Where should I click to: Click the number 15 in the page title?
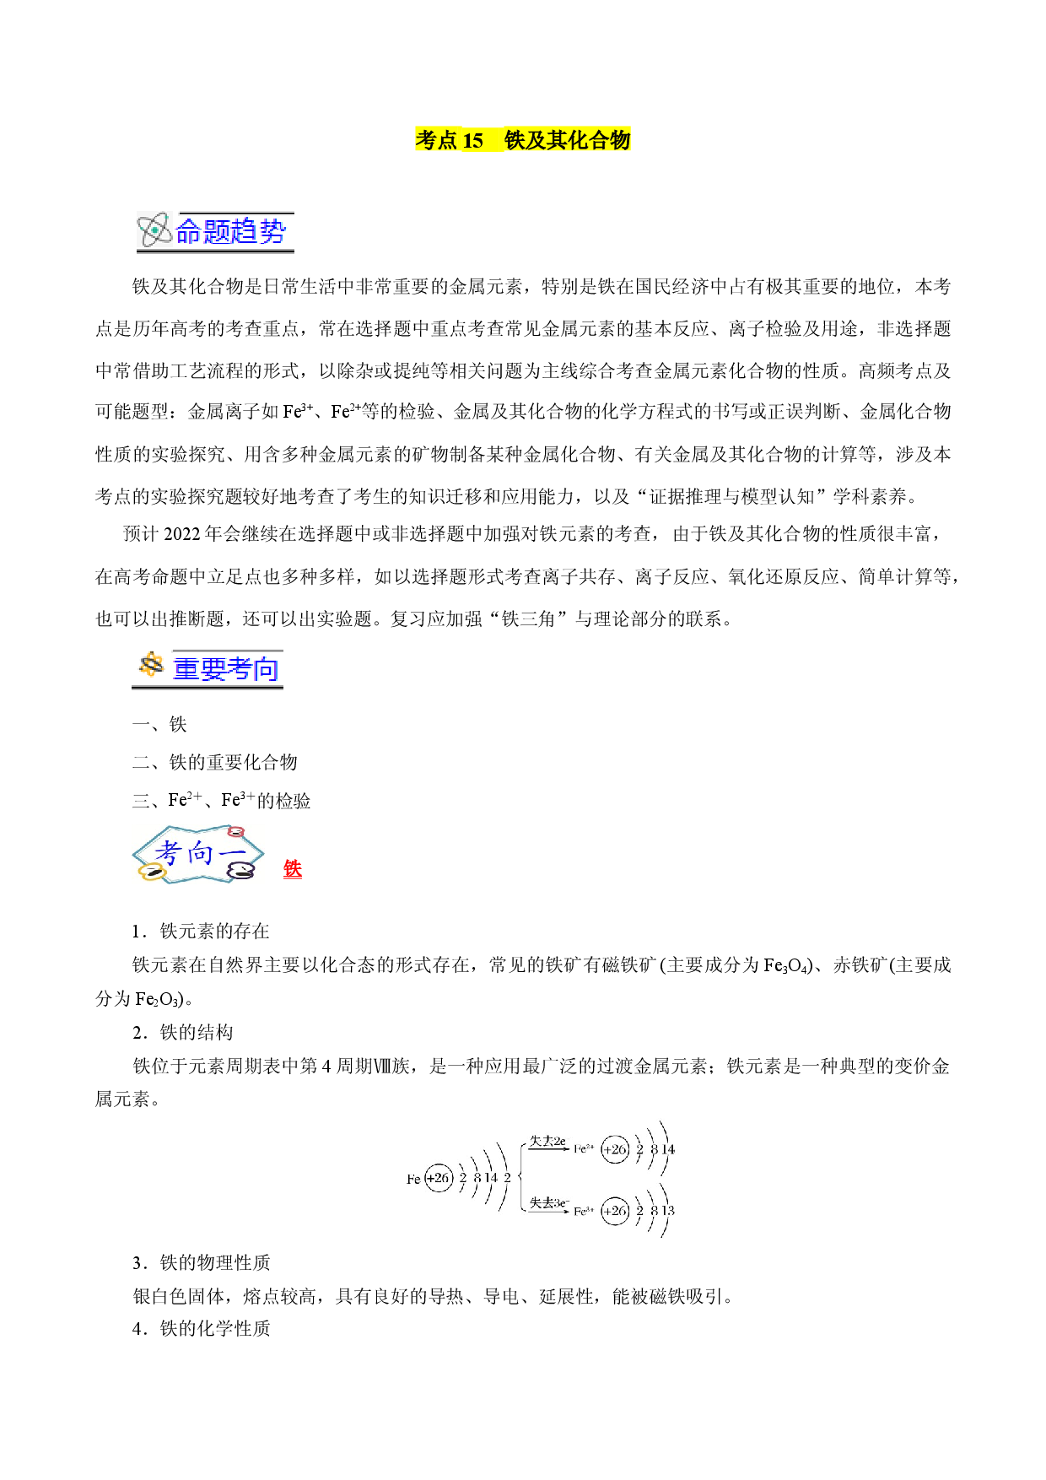click(473, 140)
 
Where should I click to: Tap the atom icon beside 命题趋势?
click(155, 230)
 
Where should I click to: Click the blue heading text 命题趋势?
click(231, 231)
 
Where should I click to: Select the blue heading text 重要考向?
click(225, 669)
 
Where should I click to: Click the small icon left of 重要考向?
click(151, 666)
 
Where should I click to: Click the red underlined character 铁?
click(293, 869)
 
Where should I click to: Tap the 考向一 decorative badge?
click(198, 855)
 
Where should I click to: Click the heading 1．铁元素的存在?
click(201, 931)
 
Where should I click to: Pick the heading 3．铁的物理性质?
click(201, 1262)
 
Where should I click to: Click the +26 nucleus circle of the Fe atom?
click(439, 1178)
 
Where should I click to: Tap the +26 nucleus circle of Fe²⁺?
click(615, 1149)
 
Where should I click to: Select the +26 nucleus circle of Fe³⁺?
click(615, 1211)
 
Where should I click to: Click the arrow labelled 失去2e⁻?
click(547, 1148)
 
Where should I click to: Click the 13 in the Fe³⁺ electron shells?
click(668, 1211)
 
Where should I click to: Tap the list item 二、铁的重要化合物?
click(215, 762)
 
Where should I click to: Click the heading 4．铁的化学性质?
click(201, 1328)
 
